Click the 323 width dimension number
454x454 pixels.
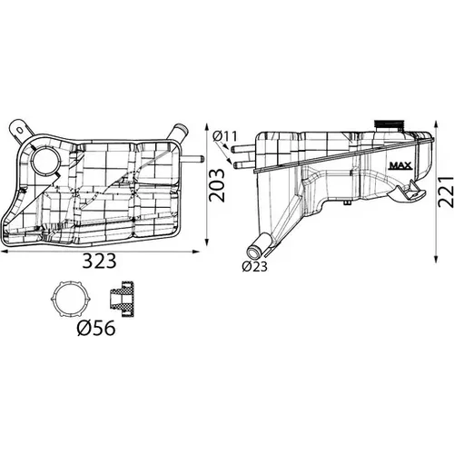[100, 262]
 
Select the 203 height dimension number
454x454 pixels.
[217, 185]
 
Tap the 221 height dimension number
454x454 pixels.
[446, 192]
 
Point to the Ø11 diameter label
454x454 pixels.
[225, 136]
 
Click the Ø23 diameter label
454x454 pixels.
[255, 266]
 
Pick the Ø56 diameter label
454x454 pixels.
[96, 328]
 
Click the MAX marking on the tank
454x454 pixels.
[400, 165]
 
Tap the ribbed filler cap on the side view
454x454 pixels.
[389, 125]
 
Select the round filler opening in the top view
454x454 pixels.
[46, 160]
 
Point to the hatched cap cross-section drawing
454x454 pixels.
[122, 299]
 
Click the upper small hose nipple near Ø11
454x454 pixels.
[243, 149]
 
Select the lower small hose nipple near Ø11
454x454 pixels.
[244, 165]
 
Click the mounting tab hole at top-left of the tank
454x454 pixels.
[20, 131]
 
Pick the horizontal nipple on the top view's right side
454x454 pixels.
[192, 159]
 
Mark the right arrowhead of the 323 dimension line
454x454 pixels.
[196, 252]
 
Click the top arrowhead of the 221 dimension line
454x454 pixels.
[436, 124]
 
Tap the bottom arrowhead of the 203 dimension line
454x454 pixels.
[207, 242]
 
